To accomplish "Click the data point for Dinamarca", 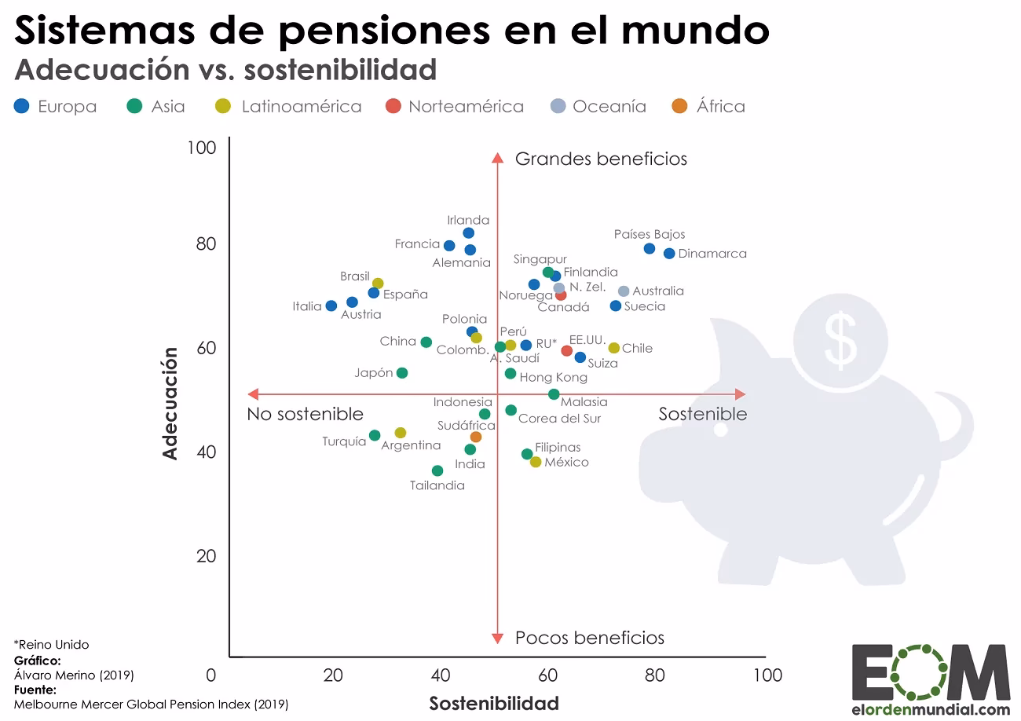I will [668, 253].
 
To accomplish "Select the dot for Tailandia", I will [437, 470].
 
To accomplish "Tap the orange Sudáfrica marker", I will [476, 437].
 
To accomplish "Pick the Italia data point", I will [331, 306].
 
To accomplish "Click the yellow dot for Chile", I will [614, 348].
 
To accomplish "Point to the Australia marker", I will [624, 291].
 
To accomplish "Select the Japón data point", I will [402, 373].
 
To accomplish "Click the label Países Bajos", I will [649, 234].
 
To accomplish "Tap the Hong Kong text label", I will [554, 378].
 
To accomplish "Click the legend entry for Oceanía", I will [609, 106].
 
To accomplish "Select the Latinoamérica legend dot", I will [222, 106].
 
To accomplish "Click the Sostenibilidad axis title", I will [493, 702].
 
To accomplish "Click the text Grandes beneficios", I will [601, 159].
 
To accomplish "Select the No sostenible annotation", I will [305, 414].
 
